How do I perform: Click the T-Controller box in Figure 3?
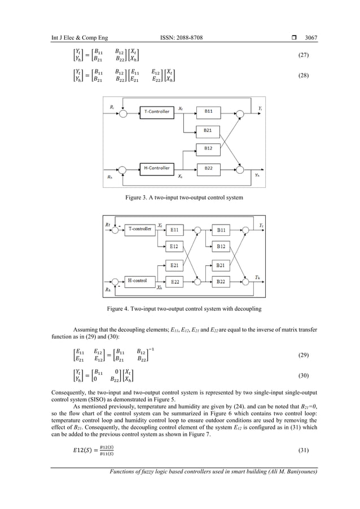click(155, 112)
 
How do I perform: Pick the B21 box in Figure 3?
click(208, 130)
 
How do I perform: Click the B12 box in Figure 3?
click(208, 148)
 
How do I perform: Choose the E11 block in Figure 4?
click(175, 230)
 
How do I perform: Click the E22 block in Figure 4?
click(175, 281)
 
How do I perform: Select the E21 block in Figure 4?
click(175, 264)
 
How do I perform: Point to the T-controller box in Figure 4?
click(138, 229)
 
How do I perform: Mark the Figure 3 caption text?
click(179, 199)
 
